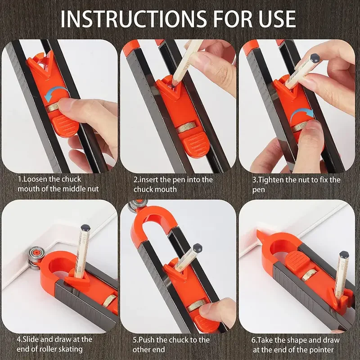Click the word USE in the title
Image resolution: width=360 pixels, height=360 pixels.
click(275, 19)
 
